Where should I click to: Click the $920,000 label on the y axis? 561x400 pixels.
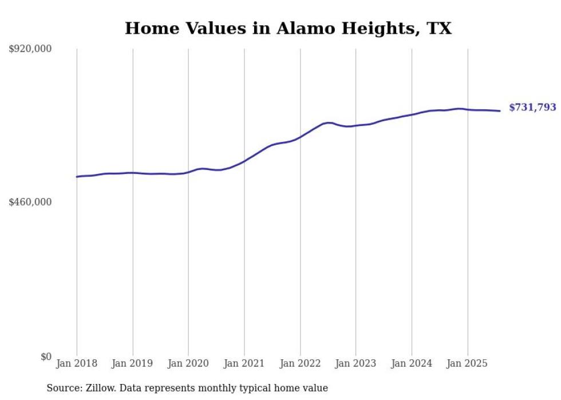[30, 49]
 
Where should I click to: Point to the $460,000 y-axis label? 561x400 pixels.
[30, 202]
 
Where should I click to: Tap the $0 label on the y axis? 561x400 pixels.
[46, 357]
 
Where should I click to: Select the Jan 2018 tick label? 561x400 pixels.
[77, 363]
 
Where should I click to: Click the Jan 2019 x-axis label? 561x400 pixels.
[133, 363]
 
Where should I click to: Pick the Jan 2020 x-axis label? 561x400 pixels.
[188, 363]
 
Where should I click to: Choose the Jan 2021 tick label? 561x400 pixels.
[244, 363]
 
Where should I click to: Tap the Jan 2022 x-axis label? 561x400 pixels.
[300, 363]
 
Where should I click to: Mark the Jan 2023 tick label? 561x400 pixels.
[355, 363]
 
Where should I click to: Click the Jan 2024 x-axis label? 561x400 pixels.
[412, 363]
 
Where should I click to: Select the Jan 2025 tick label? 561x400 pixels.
[468, 363]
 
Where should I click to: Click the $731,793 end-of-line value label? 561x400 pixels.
[532, 108]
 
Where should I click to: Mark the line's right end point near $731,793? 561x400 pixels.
[500, 111]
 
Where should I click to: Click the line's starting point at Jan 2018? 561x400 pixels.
[77, 177]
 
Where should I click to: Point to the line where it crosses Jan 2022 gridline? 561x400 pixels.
[300, 137]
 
